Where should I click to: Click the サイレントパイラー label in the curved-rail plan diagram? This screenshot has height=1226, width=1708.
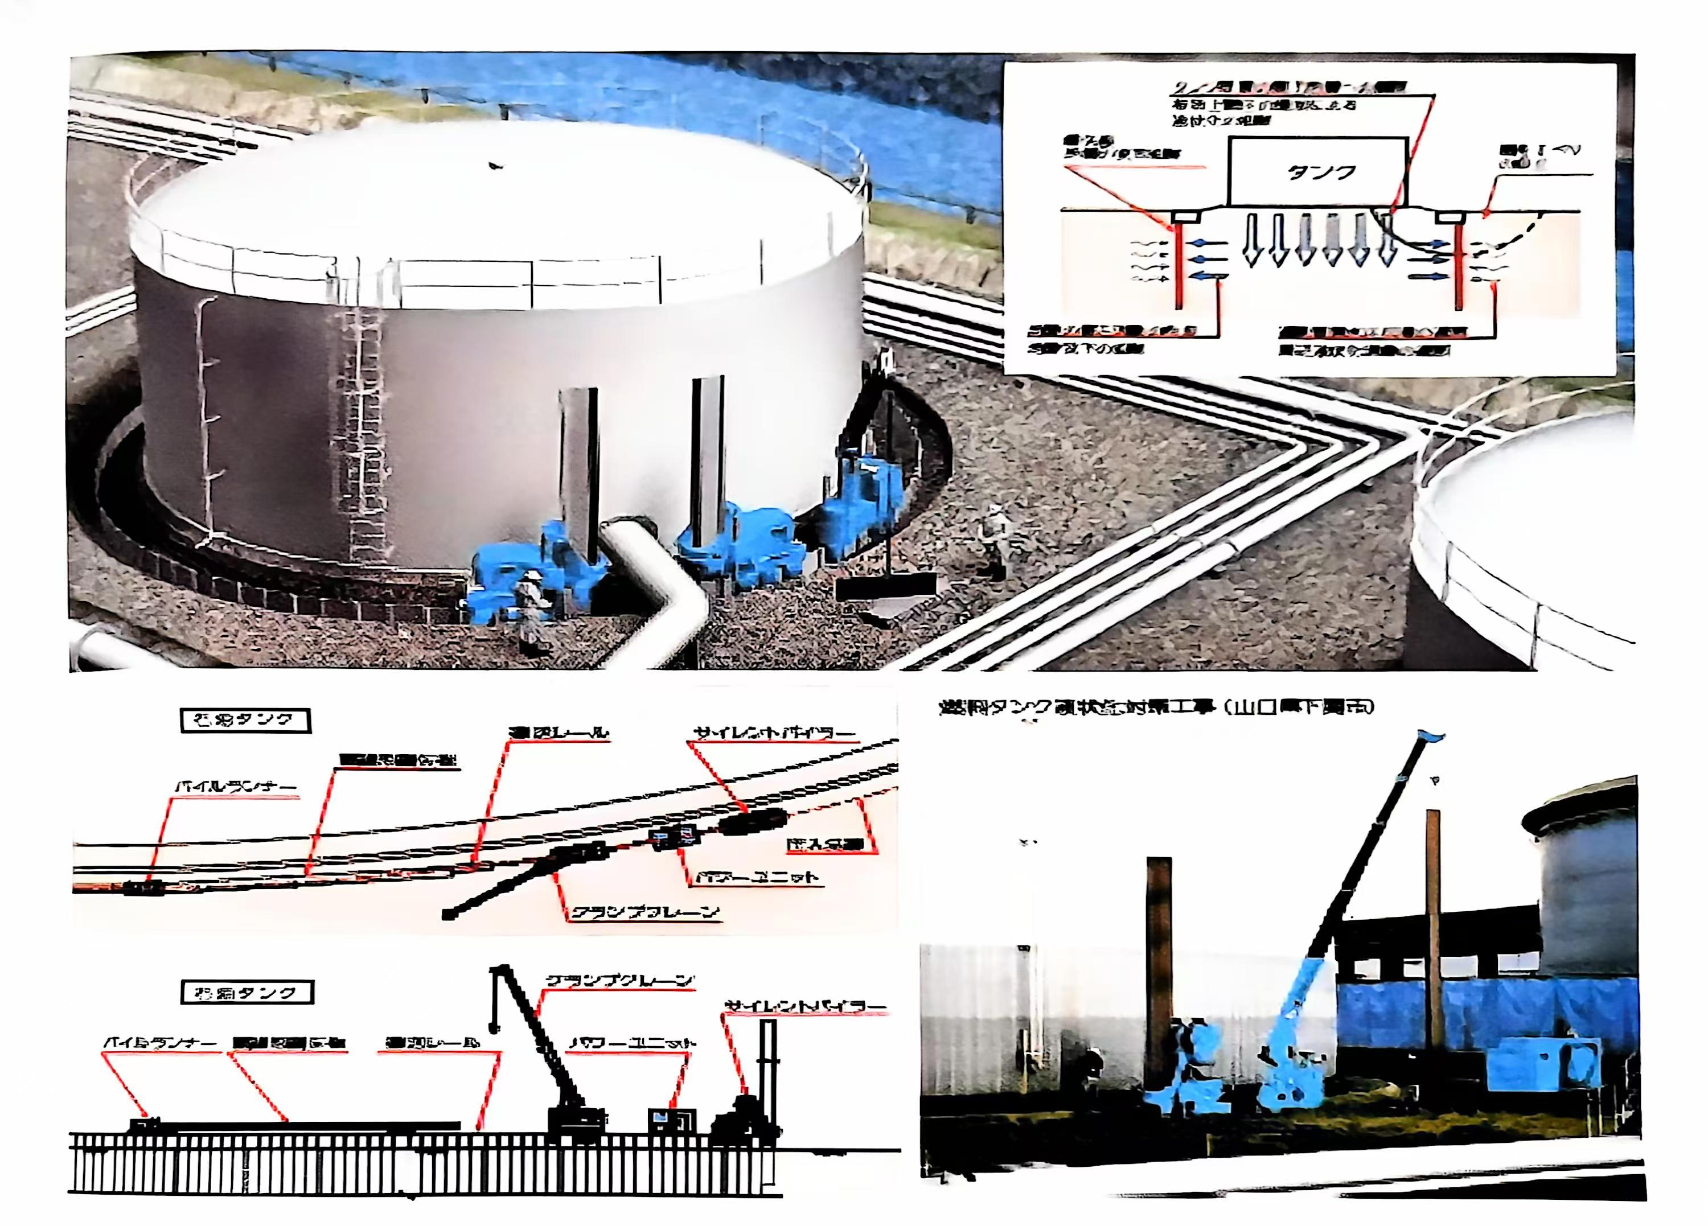click(x=773, y=733)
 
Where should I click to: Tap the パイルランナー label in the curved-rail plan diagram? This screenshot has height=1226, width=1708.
click(x=236, y=788)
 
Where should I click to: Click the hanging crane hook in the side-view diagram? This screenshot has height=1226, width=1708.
click(x=495, y=1026)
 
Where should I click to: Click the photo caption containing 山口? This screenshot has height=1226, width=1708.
click(x=1155, y=707)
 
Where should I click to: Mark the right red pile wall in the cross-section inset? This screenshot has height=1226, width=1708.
click(x=1459, y=268)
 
